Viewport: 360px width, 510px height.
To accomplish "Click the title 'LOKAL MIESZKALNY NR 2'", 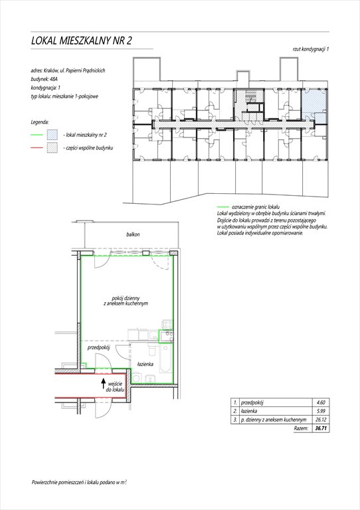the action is point(81,41).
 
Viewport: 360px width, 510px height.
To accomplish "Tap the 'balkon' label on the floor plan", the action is point(133,234).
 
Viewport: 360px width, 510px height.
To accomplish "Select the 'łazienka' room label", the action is point(145,364).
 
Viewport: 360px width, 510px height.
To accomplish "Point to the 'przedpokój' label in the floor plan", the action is point(98,347).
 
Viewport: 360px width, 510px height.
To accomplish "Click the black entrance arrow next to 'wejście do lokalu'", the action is point(103,384).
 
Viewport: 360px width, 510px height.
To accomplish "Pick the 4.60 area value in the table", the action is point(320,402).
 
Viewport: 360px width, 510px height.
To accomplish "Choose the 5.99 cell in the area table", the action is point(320,411).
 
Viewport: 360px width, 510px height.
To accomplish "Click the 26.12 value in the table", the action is point(320,420).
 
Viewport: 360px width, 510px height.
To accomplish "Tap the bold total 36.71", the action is point(321,428).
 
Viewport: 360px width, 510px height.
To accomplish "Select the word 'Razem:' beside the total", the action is point(301,428).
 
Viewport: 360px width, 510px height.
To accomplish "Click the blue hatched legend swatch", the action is point(52,135).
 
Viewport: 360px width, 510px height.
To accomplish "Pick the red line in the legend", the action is point(37,147).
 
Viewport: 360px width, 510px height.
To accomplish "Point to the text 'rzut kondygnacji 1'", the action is point(311,49).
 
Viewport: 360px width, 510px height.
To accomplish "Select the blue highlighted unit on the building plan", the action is point(314,106).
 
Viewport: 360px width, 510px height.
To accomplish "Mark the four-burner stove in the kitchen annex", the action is point(167,324).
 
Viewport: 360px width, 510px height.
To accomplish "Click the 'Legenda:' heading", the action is point(40,122).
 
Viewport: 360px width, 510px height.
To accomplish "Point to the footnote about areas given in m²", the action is point(79,483).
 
